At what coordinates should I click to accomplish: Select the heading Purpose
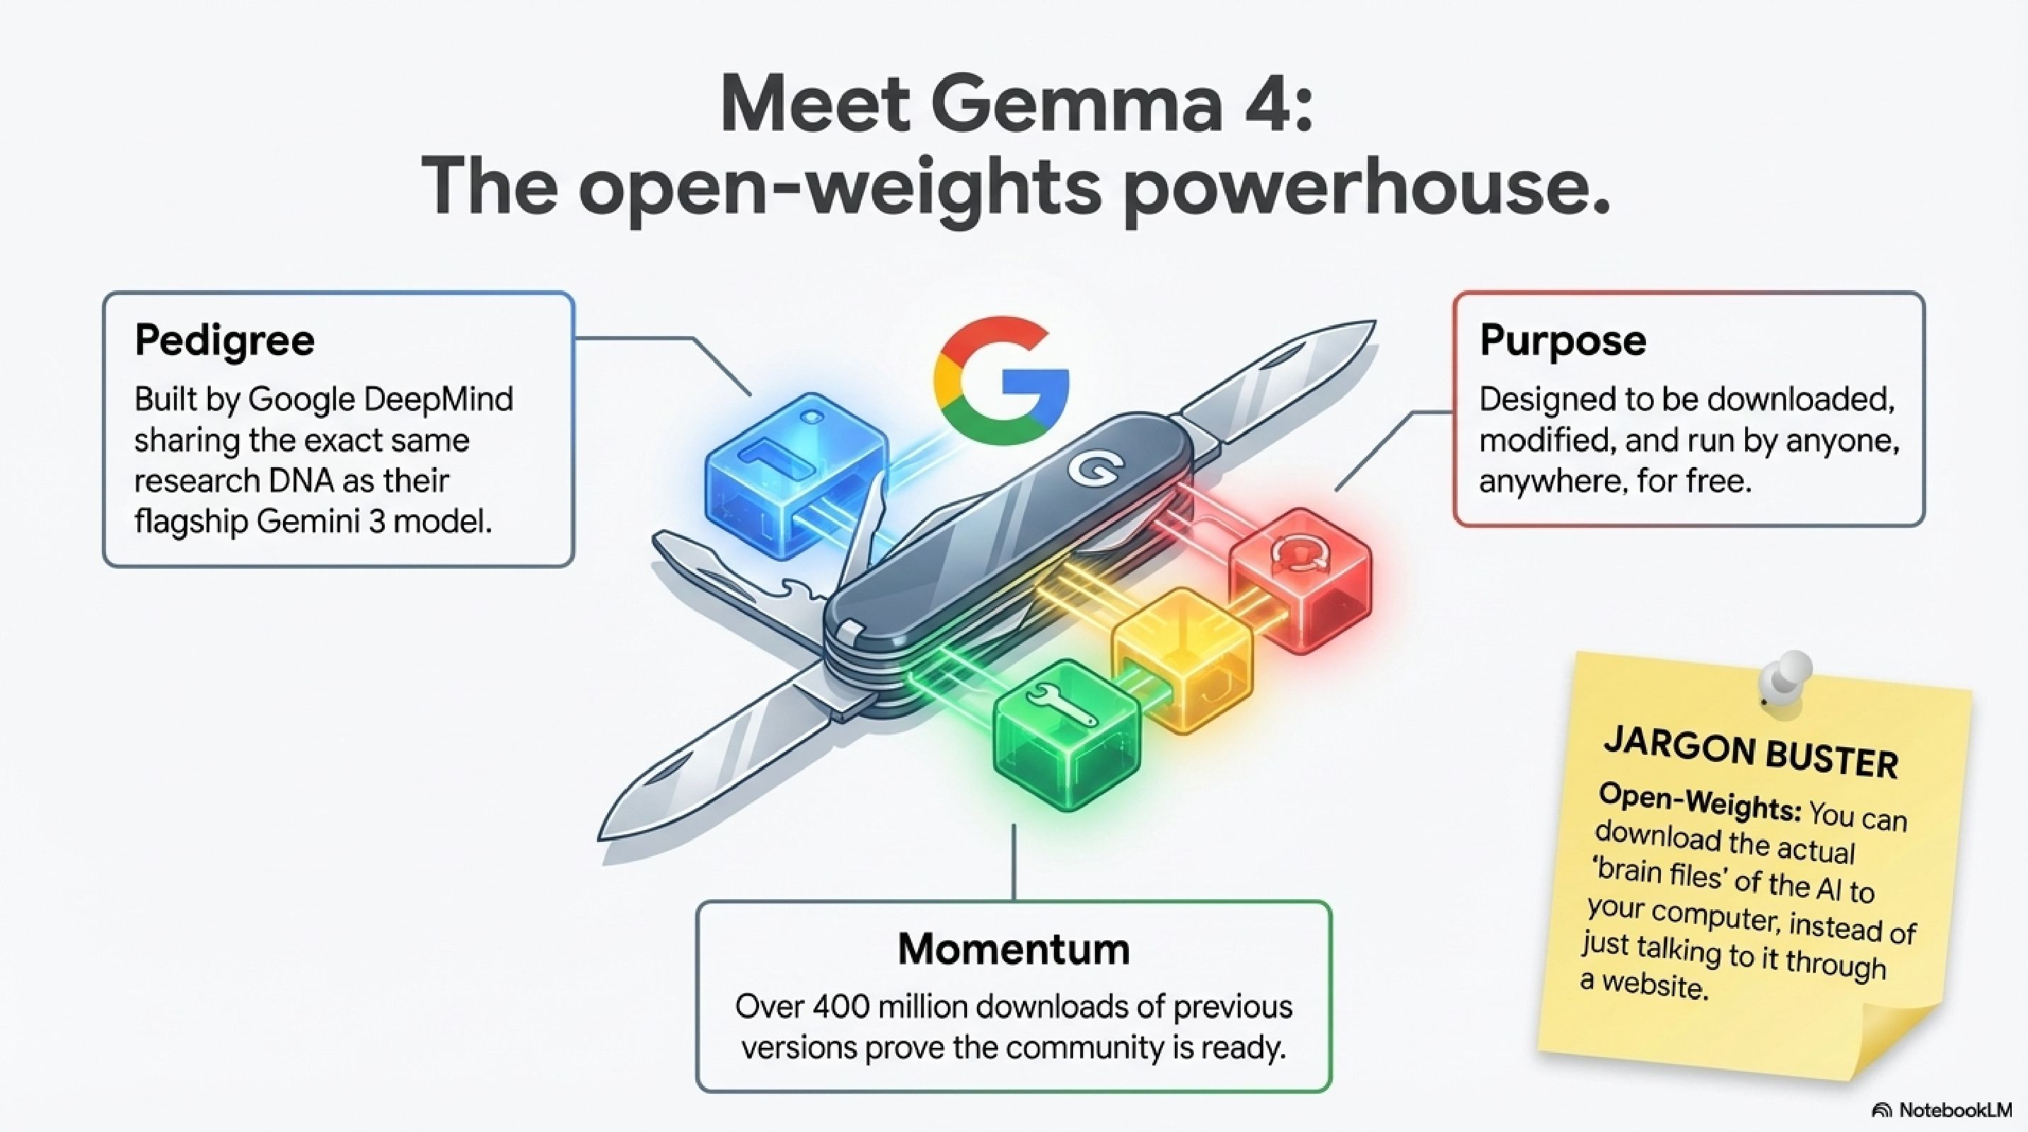(1563, 340)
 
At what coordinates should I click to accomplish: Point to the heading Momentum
(1014, 949)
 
